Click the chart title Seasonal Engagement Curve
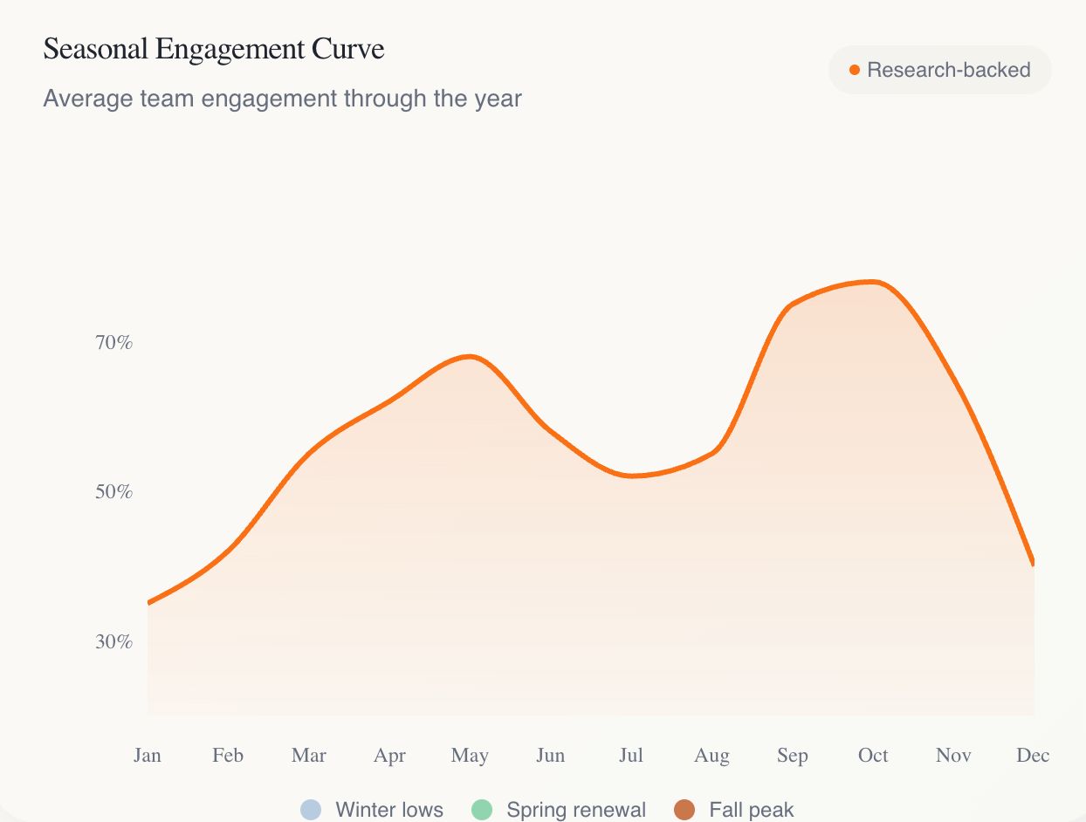(x=214, y=50)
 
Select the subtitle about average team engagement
(x=282, y=99)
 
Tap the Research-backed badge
(x=939, y=70)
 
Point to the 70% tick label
(x=113, y=343)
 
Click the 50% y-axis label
(x=113, y=492)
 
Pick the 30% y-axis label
(x=113, y=642)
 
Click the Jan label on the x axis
(x=148, y=756)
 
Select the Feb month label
(x=228, y=756)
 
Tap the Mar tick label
(x=309, y=756)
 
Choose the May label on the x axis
(x=470, y=756)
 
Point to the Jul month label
(x=631, y=756)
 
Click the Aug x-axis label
(x=711, y=756)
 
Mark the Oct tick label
(x=873, y=756)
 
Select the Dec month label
(x=1033, y=756)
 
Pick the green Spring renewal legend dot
(x=482, y=810)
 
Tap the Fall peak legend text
(x=752, y=810)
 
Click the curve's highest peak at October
(x=873, y=282)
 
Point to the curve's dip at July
(x=632, y=476)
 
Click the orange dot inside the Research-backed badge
(x=855, y=70)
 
